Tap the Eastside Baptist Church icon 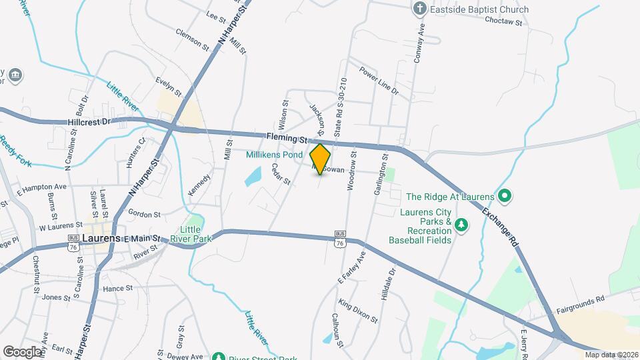click(419, 9)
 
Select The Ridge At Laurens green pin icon click(505, 197)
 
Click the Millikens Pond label click(274, 154)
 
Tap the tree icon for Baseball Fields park click(461, 226)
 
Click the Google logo click(22, 351)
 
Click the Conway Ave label click(420, 42)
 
